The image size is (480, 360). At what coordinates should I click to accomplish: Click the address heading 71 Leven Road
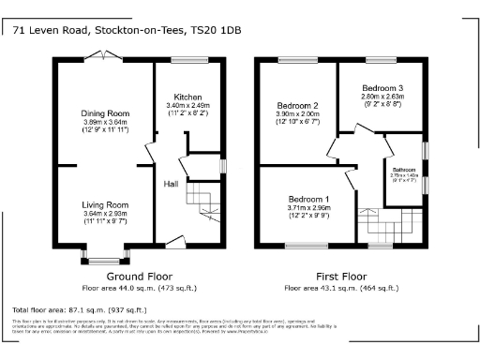coord(127,30)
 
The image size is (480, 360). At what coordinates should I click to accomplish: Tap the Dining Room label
coord(103,113)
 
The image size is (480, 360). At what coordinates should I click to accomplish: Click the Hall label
coord(172,184)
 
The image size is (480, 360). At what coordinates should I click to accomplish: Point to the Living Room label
coord(103,204)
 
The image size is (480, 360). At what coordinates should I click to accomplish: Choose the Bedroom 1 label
coord(308,200)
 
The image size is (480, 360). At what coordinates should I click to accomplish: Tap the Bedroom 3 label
coord(382,87)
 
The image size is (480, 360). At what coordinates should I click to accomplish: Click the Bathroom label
coord(404,170)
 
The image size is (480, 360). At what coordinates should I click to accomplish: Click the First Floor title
coord(340,276)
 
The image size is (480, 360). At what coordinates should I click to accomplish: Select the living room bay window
coord(103,256)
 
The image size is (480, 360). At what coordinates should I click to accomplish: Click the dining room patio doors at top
coord(103,57)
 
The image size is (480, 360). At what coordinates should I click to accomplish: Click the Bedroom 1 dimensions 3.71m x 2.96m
coord(308,209)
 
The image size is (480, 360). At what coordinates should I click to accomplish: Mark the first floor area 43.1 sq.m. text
coord(340,287)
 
